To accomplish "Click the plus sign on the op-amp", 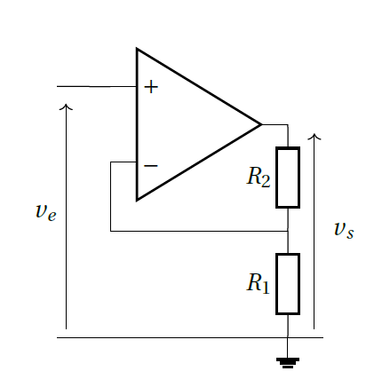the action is (151, 87).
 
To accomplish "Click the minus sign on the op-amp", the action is (151, 166).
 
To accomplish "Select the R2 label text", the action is (259, 177).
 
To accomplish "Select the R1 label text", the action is (258, 283).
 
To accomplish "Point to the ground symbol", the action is (288, 363).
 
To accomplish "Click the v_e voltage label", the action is (45, 212).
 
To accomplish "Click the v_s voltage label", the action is (344, 230).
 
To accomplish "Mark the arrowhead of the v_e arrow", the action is (66, 107).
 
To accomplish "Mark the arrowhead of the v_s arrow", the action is (314, 136).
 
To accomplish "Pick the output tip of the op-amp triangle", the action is (262, 124).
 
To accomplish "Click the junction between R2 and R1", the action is (288, 231).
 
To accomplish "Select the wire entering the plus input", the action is (97, 86).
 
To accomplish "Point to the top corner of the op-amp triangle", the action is (137, 48).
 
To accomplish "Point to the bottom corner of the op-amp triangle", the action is (137, 201).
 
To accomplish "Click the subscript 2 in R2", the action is (265, 181).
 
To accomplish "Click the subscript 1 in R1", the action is (265, 287).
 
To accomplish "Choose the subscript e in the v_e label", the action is (52, 217).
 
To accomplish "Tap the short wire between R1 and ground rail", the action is (288, 326).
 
